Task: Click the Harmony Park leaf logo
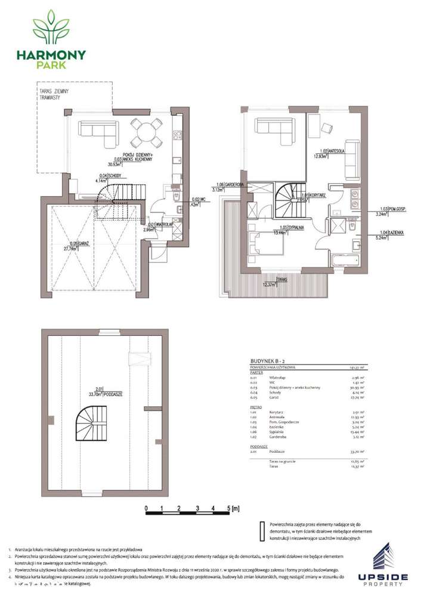pos(51,27)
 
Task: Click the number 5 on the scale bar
pos(230,508)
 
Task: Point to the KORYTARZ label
pos(313,195)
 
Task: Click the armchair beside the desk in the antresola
pos(327,127)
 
